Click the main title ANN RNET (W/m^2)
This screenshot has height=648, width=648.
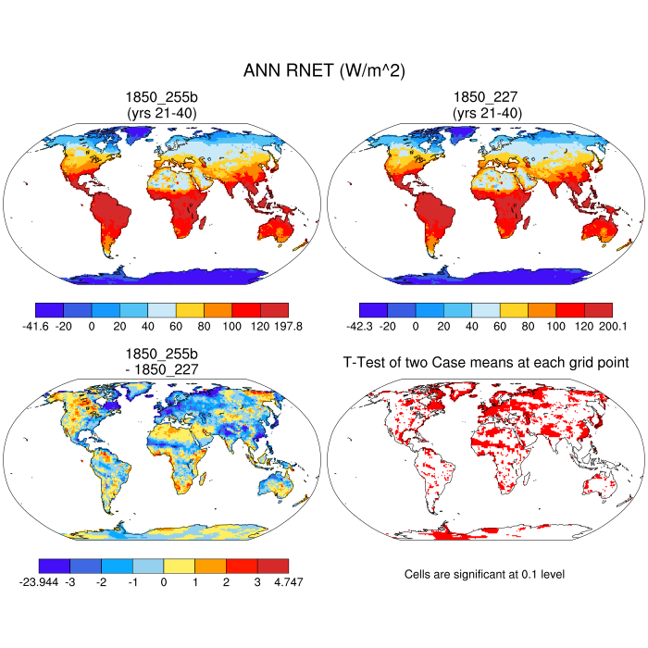[x=324, y=70]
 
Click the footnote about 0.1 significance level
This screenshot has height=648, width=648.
[x=484, y=574]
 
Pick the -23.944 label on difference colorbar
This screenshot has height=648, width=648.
[x=38, y=581]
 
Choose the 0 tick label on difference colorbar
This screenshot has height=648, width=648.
[x=163, y=581]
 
